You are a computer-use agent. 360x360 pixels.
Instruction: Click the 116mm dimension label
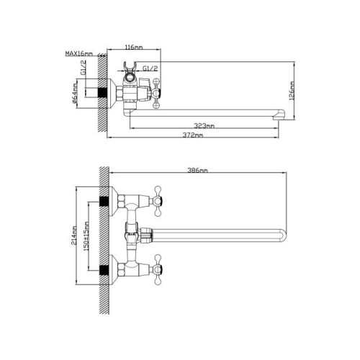point(134,47)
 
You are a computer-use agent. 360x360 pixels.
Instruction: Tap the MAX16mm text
point(79,53)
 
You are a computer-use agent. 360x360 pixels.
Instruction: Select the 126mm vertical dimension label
point(292,91)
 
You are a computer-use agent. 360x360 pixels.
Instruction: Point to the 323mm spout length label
point(204,125)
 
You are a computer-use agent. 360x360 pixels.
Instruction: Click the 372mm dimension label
point(193,135)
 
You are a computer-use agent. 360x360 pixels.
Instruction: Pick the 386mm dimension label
point(197,170)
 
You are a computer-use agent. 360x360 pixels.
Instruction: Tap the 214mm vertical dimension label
point(73,235)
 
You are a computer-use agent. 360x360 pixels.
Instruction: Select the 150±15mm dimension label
point(86,236)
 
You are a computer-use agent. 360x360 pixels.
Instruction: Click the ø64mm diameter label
point(75,94)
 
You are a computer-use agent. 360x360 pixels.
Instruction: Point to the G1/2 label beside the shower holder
point(150,68)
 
